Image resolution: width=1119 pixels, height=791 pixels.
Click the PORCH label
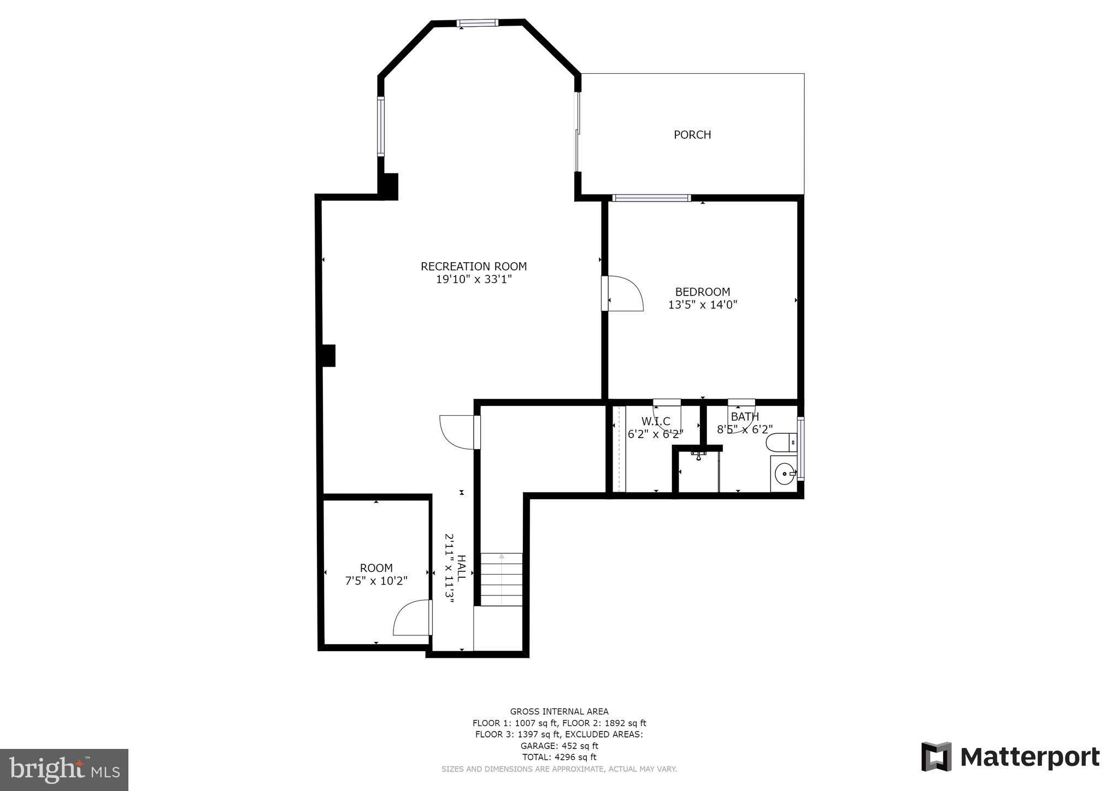tap(692, 134)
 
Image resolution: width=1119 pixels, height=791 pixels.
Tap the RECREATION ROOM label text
tap(473, 267)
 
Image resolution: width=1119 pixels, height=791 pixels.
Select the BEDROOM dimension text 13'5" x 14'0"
tap(702, 305)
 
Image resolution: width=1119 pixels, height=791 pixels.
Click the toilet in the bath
tap(781, 442)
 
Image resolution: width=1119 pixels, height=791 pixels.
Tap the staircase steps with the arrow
tap(501, 579)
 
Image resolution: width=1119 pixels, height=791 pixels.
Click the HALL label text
tap(461, 568)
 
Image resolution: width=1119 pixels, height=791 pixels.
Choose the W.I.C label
tap(655, 421)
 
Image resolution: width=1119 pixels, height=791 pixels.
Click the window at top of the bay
tap(477, 23)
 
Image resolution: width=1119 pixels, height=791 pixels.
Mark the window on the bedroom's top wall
tap(651, 198)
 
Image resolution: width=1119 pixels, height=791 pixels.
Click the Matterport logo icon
tap(936, 757)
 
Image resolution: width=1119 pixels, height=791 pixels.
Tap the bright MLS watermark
tap(64, 770)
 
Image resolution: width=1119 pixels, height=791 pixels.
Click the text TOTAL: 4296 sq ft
tap(559, 757)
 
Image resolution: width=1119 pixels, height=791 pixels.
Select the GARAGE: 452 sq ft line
tap(559, 746)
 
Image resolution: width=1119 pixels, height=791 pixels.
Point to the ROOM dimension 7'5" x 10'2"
tap(376, 581)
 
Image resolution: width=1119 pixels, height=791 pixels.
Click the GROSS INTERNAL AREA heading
tap(559, 711)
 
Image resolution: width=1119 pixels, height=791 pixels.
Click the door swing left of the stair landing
tap(459, 432)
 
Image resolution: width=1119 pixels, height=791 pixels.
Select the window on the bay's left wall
tap(381, 126)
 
